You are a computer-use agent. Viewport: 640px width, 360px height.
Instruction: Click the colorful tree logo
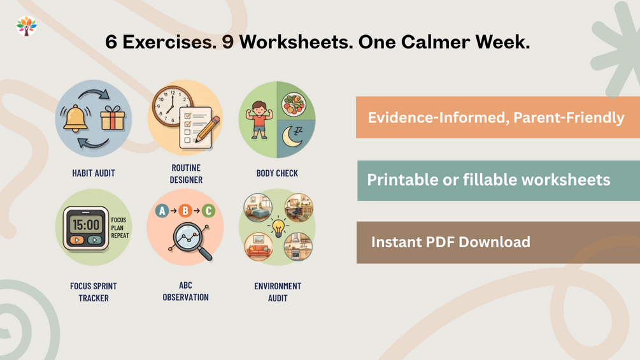click(x=27, y=25)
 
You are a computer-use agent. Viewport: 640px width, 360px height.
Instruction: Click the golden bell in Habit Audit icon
click(x=75, y=119)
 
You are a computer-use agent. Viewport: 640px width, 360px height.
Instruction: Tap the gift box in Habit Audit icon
click(x=112, y=118)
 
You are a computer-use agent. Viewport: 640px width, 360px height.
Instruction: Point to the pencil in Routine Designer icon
click(x=208, y=129)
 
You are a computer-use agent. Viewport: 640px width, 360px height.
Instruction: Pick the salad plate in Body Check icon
click(x=294, y=104)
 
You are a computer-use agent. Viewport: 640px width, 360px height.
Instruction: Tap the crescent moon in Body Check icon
click(x=292, y=137)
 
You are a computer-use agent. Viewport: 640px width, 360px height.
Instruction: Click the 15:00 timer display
click(x=86, y=224)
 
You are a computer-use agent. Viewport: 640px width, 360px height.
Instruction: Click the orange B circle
click(x=185, y=211)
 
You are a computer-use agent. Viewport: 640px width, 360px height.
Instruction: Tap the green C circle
click(x=209, y=211)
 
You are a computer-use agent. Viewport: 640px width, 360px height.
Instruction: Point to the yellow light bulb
click(x=278, y=227)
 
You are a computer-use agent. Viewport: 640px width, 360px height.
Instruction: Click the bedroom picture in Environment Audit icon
click(x=258, y=208)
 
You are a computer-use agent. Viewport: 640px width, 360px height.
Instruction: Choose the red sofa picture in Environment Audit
click(x=259, y=247)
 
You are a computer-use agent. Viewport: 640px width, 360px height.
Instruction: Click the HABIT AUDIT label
click(x=94, y=173)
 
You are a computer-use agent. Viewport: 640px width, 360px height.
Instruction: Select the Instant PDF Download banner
click(x=499, y=243)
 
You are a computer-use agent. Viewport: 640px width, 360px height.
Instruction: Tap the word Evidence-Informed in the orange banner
click(x=438, y=118)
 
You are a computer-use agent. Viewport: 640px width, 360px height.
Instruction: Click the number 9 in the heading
click(x=228, y=42)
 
